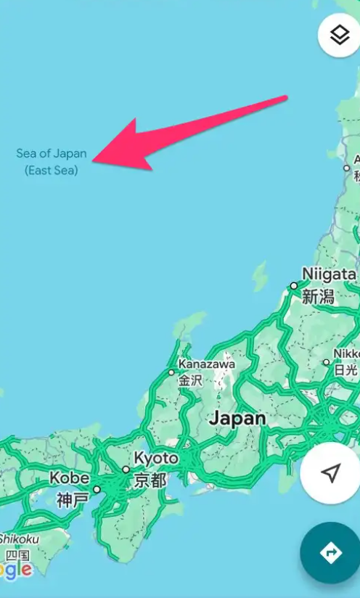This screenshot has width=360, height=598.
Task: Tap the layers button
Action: coord(339,36)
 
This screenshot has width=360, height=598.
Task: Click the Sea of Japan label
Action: coord(51,154)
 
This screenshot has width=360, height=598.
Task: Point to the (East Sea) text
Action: coord(51,171)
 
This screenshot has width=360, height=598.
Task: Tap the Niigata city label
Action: coord(329,274)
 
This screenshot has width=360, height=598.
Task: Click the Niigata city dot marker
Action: coord(294,286)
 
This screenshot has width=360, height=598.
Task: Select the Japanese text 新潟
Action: coord(318,296)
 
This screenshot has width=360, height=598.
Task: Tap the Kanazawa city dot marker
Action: coord(171,372)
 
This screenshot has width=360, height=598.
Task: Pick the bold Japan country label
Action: coord(237,419)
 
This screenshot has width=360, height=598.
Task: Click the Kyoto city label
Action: coord(156,459)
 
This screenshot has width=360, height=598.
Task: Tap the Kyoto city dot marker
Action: coord(126,470)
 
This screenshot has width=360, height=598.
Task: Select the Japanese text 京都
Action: coord(150,480)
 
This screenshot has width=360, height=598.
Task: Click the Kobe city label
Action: coord(70,478)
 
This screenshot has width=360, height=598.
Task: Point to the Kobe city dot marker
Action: coord(97,489)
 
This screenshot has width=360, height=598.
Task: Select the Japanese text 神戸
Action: coord(73,500)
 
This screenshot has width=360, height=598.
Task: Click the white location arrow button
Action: coord(331,474)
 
